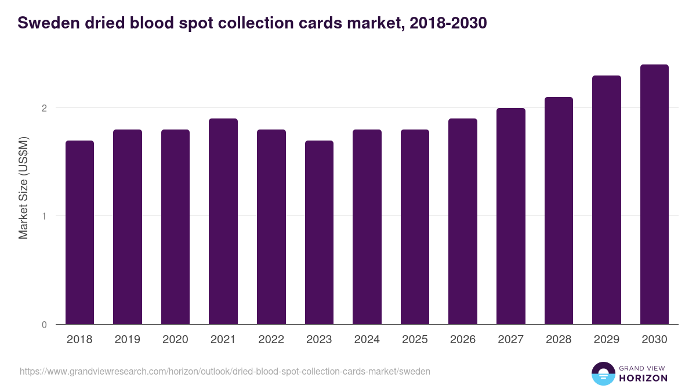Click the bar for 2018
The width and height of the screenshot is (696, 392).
coord(79,232)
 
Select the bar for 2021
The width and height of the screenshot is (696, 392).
coord(223,221)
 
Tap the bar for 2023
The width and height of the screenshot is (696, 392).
coord(319,232)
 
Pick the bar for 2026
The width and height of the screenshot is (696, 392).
coord(463,221)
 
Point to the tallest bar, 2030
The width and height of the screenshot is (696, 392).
coord(654,195)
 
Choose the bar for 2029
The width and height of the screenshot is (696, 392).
coord(607,200)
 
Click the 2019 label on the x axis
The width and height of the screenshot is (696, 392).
coord(128,340)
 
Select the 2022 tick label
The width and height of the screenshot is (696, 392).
coord(271,340)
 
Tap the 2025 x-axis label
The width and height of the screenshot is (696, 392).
coord(415,340)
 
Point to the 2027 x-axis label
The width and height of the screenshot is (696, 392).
coord(510,340)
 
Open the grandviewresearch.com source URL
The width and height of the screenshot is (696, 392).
coord(225,371)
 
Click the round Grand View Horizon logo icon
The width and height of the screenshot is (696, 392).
coord(603,373)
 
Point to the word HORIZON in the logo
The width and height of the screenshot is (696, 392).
coord(643,378)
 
